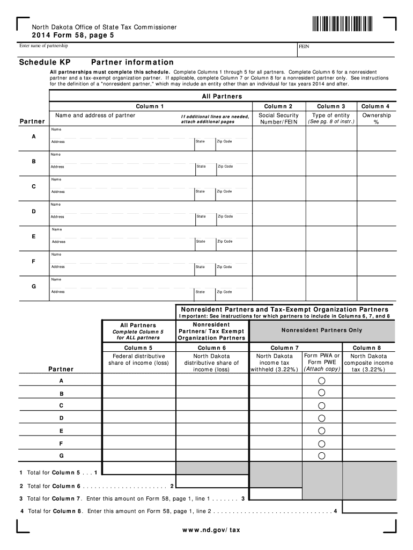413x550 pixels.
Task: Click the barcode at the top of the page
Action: click(x=341, y=25)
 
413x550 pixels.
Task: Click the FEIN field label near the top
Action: click(x=304, y=47)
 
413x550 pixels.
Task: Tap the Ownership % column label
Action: click(x=376, y=119)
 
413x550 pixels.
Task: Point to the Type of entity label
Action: click(x=331, y=115)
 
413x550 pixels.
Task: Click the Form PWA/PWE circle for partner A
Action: click(x=322, y=380)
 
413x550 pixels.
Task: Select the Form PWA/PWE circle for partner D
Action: click(x=322, y=418)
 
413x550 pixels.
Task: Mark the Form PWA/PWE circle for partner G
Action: click(x=322, y=455)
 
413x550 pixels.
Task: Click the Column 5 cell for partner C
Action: click(x=138, y=406)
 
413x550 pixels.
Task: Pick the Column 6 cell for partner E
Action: click(x=212, y=431)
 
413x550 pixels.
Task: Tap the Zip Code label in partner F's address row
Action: click(x=224, y=267)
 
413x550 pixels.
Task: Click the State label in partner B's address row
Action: click(x=201, y=167)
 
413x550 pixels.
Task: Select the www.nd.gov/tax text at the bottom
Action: click(x=206, y=530)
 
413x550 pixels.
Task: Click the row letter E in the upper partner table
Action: click(x=34, y=236)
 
